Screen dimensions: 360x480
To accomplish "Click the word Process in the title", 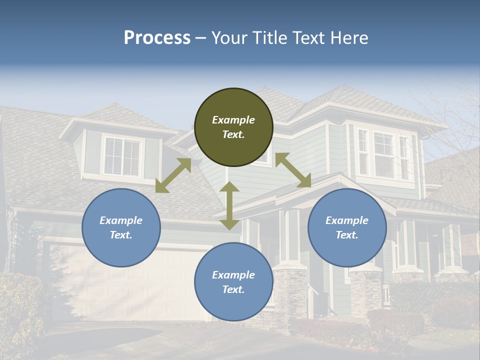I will point(157,38).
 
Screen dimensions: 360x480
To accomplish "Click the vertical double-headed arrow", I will point(229,206).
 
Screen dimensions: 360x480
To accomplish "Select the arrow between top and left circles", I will point(173,175).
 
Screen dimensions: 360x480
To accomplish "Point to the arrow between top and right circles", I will point(293,170).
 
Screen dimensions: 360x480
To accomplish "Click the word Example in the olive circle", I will point(233,120).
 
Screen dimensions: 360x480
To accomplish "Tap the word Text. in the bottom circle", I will point(233,289).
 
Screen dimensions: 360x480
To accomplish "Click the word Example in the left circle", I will point(121,220).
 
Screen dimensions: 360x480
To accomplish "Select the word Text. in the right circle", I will point(347,235).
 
